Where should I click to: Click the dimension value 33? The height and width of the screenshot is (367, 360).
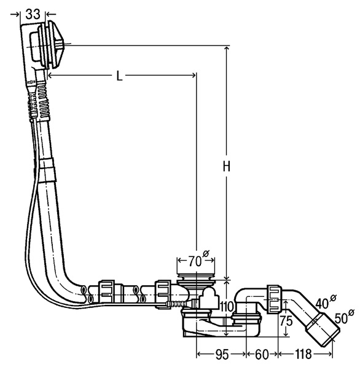[33, 14]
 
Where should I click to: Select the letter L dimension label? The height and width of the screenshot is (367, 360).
[120, 76]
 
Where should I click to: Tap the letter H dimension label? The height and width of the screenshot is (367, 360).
[227, 167]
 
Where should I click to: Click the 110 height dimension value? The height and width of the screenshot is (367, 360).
[226, 306]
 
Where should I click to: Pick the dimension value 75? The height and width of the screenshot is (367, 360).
[286, 321]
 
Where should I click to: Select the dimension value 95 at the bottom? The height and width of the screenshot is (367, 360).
[222, 354]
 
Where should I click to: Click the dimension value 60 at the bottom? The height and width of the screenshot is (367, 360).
[262, 354]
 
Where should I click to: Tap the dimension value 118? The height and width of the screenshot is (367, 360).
[303, 354]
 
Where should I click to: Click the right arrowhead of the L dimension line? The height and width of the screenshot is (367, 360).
[194, 75]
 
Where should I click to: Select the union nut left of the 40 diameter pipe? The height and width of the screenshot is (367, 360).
[274, 299]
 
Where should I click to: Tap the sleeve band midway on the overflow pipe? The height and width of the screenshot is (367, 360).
[48, 170]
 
